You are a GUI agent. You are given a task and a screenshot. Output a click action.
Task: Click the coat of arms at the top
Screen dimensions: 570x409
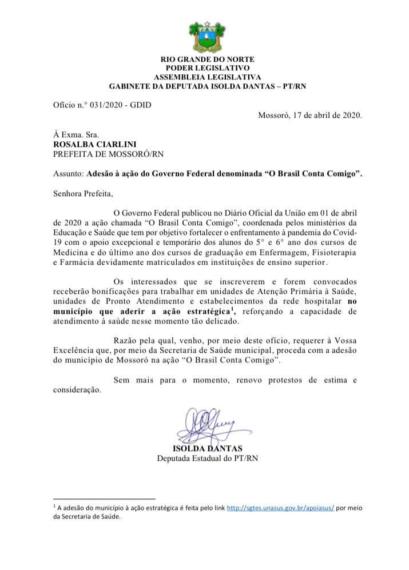(x=207, y=35)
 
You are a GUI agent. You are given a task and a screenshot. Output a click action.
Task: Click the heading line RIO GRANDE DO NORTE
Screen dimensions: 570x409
(x=207, y=59)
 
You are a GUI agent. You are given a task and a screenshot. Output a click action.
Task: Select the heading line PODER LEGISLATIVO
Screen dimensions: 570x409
(x=207, y=68)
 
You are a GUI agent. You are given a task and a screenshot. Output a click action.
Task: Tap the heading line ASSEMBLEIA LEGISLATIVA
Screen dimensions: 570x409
(x=207, y=77)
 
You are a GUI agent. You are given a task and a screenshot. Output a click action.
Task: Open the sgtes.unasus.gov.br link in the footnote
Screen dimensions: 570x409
(x=280, y=507)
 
